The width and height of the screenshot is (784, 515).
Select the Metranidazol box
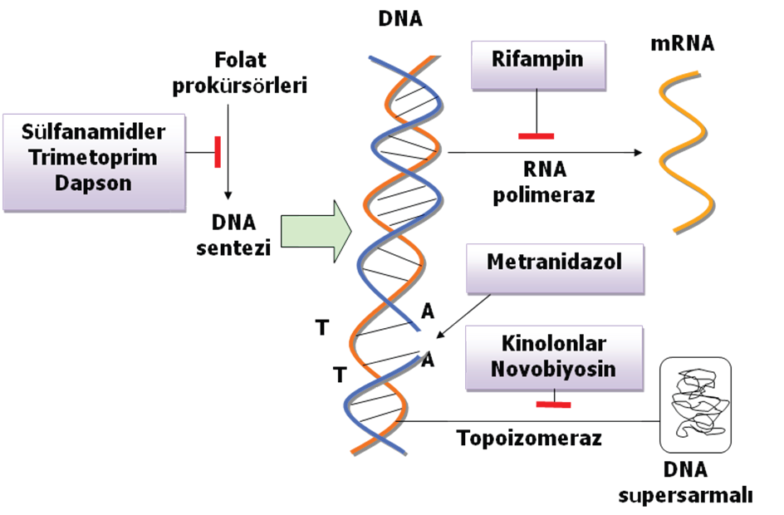pyautogui.click(x=555, y=267)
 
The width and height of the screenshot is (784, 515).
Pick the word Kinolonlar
pyautogui.click(x=556, y=344)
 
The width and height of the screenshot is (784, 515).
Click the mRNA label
pyautogui.click(x=681, y=43)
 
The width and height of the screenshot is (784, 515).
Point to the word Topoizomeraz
pyautogui.click(x=529, y=438)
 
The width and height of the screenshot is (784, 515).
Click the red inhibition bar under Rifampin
pyautogui.click(x=535, y=135)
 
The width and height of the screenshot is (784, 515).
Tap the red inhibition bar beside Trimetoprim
pyautogui.click(x=218, y=152)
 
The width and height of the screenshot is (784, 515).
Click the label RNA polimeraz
pyautogui.click(x=545, y=182)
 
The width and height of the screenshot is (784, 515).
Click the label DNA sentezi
pyautogui.click(x=234, y=234)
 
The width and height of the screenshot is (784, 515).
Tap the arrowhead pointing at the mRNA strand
pyautogui.click(x=638, y=153)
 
